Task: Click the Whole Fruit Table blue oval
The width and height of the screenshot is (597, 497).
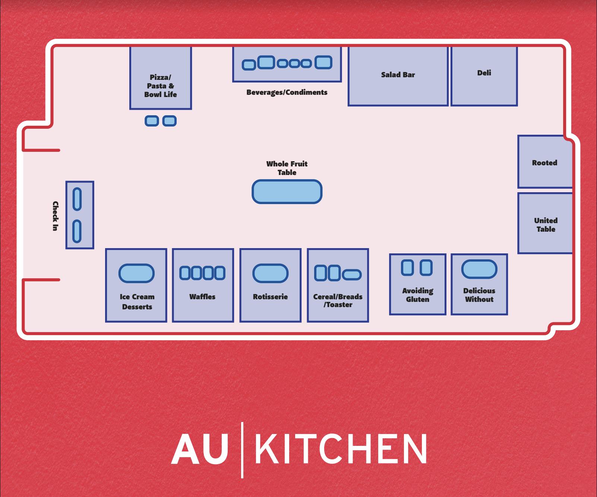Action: [x=287, y=192]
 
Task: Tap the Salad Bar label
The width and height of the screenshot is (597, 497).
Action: [x=398, y=75]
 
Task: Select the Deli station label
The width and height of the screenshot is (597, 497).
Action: [x=484, y=73]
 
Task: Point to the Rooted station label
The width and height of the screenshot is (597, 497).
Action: [x=544, y=163]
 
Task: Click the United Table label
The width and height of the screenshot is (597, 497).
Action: [x=546, y=225]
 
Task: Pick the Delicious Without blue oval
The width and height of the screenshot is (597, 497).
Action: [x=479, y=269]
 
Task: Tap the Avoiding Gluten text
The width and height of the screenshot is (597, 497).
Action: [x=417, y=295]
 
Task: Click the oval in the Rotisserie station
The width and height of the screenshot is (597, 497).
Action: [x=271, y=273]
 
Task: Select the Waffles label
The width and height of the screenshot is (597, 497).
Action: [x=202, y=297]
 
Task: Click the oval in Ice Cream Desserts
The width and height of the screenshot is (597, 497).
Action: [x=136, y=273]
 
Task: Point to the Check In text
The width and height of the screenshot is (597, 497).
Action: [x=55, y=216]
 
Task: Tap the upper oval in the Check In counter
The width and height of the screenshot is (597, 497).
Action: [x=77, y=199]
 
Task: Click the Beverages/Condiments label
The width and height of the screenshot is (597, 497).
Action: [x=287, y=92]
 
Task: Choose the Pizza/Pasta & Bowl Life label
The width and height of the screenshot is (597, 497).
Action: [x=160, y=86]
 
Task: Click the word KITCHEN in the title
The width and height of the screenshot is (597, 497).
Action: [x=340, y=449]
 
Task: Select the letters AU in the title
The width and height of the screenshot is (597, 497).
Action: [x=199, y=449]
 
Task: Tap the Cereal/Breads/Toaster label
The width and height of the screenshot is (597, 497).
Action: [x=338, y=300]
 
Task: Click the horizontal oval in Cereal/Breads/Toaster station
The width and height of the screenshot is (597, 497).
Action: [x=352, y=275]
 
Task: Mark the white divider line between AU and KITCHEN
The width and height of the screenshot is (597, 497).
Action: [x=242, y=450]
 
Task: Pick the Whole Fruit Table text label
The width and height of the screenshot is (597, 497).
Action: [x=287, y=168]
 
